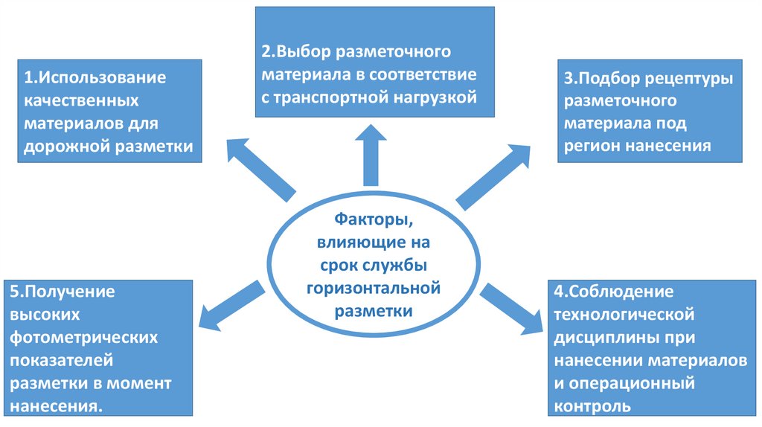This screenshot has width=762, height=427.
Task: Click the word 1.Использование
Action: (x=94, y=77)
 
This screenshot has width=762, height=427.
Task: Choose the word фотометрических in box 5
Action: (x=83, y=337)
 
